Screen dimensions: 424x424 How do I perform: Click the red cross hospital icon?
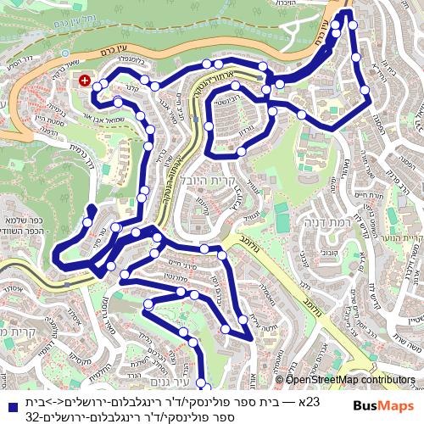pos(85,81)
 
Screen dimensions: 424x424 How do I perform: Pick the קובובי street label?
pos(330,251)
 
